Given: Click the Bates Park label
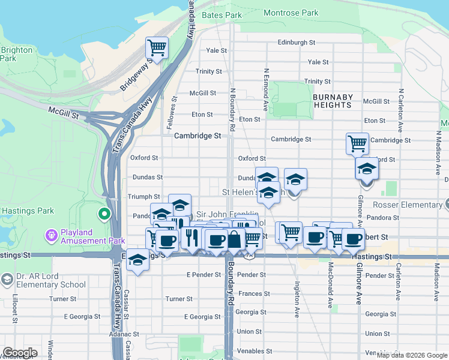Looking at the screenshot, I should tap(222, 15).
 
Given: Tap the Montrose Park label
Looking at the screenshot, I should tap(291, 13).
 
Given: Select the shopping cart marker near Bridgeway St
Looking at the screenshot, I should tap(157, 47).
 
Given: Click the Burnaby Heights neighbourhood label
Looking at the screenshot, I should tap(333, 101).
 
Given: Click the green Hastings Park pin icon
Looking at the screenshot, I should tap(104, 213).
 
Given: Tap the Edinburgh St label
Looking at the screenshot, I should tap(297, 43).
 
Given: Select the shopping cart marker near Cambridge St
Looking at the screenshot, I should tap(357, 143).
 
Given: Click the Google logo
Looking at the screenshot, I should tap(20, 353).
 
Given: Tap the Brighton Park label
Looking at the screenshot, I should tap(16, 54).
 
